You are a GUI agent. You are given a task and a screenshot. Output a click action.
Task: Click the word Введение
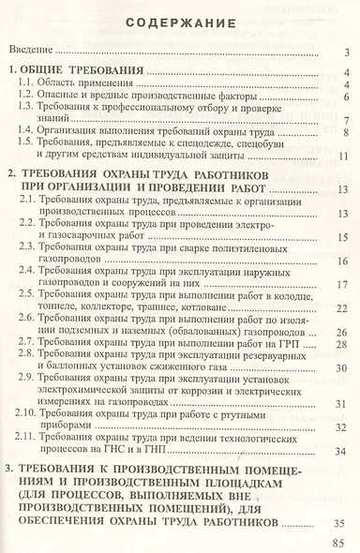click(x=36, y=52)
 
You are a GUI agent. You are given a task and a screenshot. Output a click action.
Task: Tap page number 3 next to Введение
click(x=346, y=52)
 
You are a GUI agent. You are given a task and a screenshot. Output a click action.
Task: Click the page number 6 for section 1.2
click(x=346, y=97)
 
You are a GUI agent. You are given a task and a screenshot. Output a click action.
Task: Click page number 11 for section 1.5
click(x=343, y=156)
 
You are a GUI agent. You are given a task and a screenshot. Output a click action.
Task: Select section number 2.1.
click(x=33, y=201)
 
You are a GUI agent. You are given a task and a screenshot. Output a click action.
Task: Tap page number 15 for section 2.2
click(x=343, y=238)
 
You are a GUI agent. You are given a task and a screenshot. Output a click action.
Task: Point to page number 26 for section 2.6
click(x=343, y=334)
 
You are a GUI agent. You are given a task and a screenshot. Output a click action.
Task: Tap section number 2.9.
click(x=33, y=381)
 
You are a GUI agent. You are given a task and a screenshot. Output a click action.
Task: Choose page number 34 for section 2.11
click(x=343, y=451)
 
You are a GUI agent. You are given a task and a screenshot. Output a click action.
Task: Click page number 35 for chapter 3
click(x=341, y=521)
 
